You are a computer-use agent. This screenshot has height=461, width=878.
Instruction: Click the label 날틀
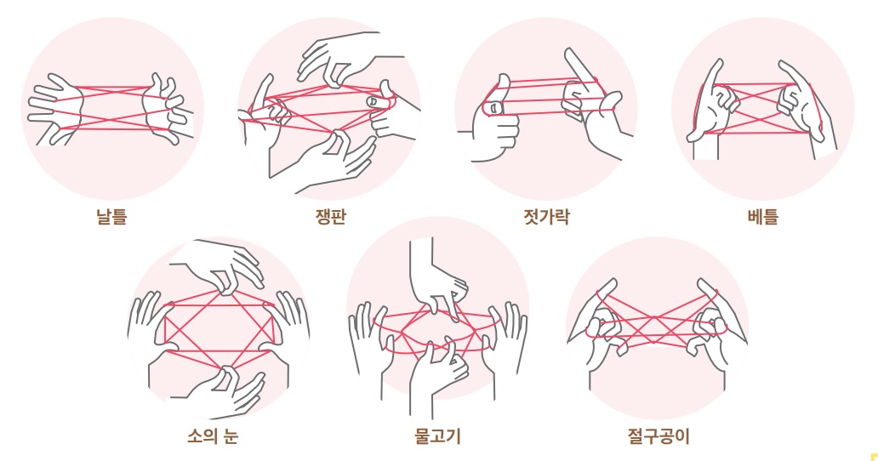(111, 216)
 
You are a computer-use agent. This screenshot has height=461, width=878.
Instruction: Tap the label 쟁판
(331, 216)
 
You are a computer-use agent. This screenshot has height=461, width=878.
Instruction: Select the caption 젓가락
(546, 216)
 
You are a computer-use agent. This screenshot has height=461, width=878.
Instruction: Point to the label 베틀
(762, 216)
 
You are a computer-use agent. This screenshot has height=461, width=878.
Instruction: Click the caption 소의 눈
(213, 435)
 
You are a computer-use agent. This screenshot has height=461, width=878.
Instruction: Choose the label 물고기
(437, 435)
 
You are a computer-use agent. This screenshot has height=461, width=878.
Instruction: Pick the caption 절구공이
(658, 435)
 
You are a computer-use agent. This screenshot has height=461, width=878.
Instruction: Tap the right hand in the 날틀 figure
(167, 109)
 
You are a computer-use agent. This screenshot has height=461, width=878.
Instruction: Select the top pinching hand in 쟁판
(341, 59)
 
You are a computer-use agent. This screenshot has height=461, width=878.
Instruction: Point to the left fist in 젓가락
(493, 120)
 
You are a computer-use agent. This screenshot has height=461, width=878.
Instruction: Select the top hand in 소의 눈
(224, 265)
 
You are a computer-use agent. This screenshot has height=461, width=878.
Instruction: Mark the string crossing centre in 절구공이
(655, 323)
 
